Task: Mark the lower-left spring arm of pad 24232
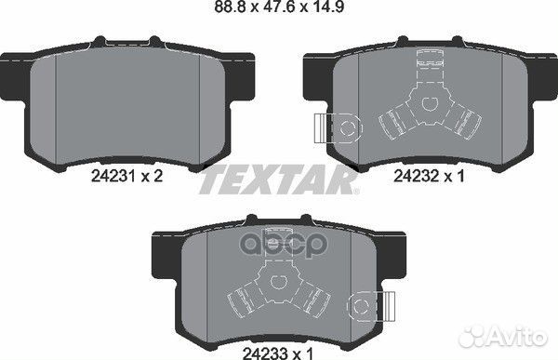(396, 122)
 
